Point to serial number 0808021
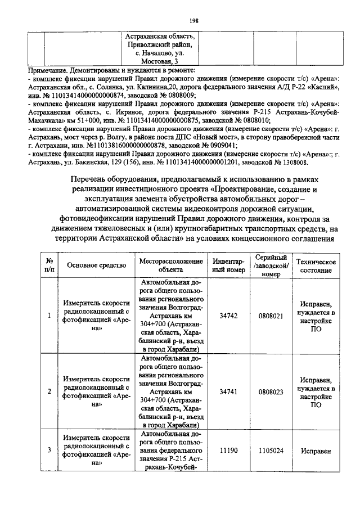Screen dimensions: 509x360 pyautogui.click(x=271, y=316)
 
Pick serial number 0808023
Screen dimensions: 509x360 pyautogui.click(x=271, y=390)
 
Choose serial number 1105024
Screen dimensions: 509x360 pyautogui.click(x=271, y=451)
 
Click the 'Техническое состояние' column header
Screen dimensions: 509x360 pyautogui.click(x=316, y=265)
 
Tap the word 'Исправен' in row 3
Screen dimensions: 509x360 pyautogui.click(x=315, y=451)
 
